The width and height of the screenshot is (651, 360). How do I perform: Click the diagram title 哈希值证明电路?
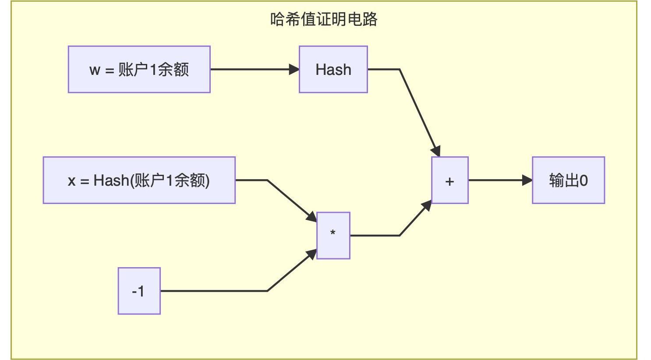pos(324,20)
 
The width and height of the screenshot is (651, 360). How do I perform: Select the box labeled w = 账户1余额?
pos(139,69)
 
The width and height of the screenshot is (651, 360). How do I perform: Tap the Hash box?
pos(333,69)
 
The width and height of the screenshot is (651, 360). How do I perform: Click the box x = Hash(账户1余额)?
pos(139,180)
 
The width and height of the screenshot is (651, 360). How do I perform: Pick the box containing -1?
pos(139,291)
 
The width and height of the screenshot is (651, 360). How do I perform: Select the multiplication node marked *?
pos(333,235)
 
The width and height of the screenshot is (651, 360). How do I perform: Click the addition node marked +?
pos(449,180)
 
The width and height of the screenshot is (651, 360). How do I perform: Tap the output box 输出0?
pos(568,180)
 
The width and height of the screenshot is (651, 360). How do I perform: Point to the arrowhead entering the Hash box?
pos(294,69)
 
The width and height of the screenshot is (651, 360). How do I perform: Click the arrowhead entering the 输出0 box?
pos(527,180)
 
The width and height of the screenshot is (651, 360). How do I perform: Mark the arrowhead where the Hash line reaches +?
pos(435,151)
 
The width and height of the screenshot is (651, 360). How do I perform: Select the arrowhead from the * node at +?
pos(427,205)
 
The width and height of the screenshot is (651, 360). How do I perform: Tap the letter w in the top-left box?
pos(95,70)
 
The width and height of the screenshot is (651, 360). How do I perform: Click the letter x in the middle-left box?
pos(71,180)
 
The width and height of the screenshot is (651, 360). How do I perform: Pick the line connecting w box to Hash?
pos(250,69)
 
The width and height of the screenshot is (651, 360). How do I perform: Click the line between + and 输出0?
pos(495,180)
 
